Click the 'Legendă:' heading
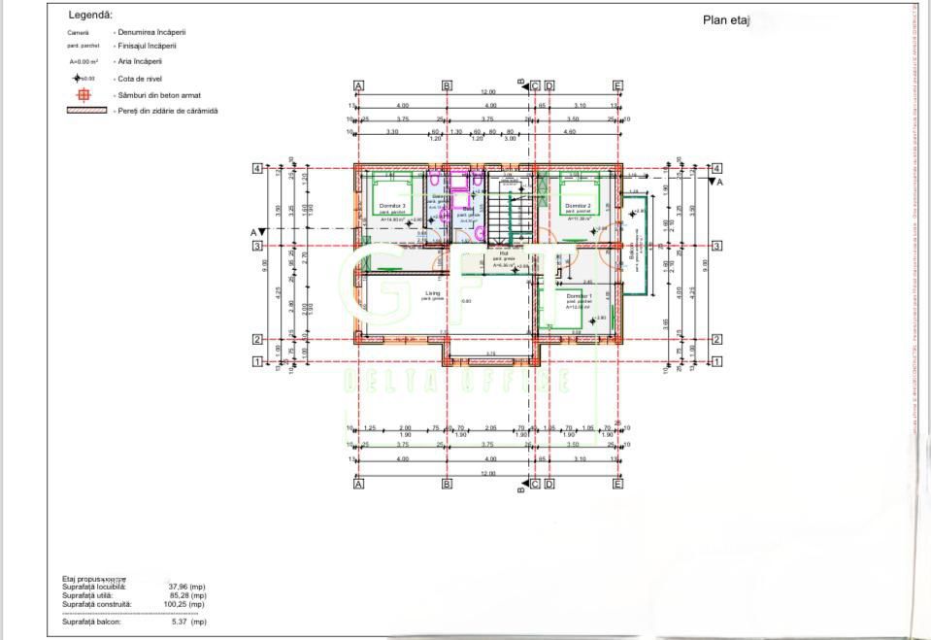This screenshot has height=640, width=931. (90, 16)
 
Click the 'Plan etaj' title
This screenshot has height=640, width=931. (726, 20)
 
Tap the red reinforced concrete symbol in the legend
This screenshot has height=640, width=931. (83, 94)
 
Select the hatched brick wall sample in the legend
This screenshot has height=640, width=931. (86, 111)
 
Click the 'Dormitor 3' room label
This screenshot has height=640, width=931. (392, 207)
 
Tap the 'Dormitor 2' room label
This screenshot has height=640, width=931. (579, 206)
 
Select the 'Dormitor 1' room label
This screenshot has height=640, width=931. (579, 295)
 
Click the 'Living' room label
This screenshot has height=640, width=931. (432, 292)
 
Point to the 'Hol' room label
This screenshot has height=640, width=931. (503, 253)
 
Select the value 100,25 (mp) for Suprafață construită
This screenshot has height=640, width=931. (186, 604)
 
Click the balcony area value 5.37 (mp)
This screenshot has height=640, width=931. (188, 622)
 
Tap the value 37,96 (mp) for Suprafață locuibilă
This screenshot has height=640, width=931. (186, 587)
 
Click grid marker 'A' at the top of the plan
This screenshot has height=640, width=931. (359, 85)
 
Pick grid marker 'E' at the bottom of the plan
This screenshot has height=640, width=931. (617, 483)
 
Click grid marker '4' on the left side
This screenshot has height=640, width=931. (257, 168)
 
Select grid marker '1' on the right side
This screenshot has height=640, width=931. (716, 361)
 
